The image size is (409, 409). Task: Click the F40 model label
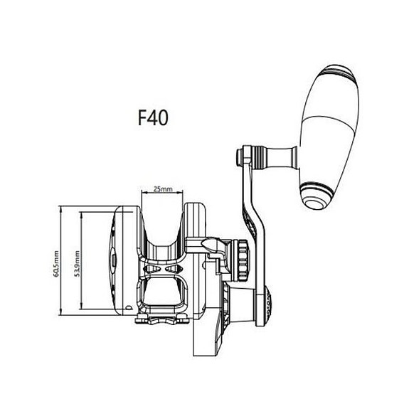153,117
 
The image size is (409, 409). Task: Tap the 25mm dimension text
163,188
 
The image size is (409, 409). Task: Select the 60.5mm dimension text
56,264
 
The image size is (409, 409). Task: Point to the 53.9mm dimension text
78,263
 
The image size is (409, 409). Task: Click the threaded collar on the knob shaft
259,157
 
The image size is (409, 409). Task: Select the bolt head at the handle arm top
239,157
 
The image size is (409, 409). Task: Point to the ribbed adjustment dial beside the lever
243,260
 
